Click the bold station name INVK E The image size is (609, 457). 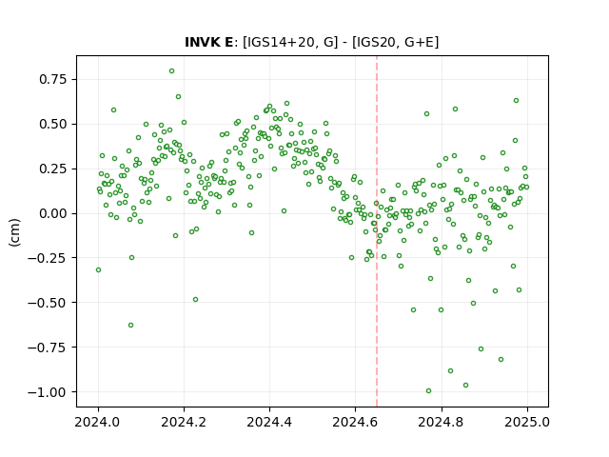click(x=208, y=42)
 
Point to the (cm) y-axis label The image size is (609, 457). click(x=14, y=232)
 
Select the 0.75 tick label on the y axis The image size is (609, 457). click(x=53, y=79)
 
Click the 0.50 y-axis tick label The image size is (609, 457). click(x=53, y=124)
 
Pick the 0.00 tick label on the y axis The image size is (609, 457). click(x=53, y=213)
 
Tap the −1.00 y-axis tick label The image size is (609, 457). click(x=48, y=392)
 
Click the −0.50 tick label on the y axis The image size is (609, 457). click(x=48, y=303)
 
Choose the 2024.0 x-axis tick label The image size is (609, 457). click(x=98, y=422)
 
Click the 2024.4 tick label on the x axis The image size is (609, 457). click(x=269, y=422)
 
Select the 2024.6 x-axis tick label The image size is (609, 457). click(x=355, y=422)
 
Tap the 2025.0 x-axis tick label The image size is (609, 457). click(x=527, y=422)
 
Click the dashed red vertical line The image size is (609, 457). click(x=377, y=231)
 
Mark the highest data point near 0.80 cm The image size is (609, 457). click(x=171, y=71)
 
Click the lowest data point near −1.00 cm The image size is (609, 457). click(x=428, y=391)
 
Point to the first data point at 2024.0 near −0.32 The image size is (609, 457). click(x=98, y=270)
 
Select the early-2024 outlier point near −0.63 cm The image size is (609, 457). click(x=131, y=326)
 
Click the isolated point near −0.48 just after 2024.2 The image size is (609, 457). click(x=195, y=300)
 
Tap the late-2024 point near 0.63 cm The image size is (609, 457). click(x=516, y=101)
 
